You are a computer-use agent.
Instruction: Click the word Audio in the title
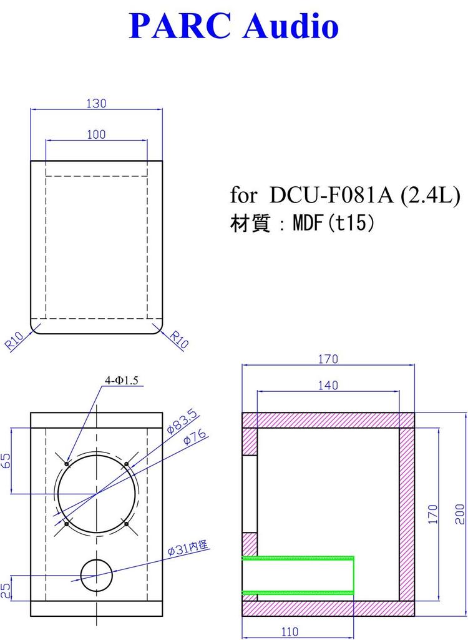point(291,27)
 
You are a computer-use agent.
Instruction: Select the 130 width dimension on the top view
point(96,104)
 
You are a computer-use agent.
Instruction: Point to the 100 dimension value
point(96,134)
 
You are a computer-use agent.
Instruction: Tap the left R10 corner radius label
point(14,341)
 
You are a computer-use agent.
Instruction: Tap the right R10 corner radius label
point(180,341)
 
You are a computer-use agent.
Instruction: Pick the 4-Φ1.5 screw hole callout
point(122,379)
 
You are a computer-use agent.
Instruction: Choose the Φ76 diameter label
point(196,438)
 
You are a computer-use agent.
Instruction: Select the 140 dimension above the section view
point(328,386)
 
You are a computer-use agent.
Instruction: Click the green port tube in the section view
point(298,574)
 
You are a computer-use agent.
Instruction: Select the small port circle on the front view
point(97,574)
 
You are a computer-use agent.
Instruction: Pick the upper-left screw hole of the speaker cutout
point(67,464)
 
